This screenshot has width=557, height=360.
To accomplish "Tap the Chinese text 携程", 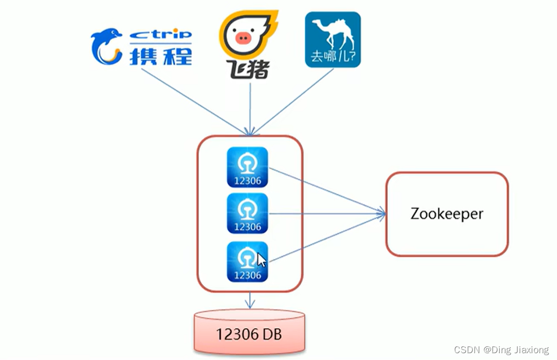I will (x=160, y=55).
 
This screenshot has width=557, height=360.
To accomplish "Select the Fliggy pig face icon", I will (x=242, y=37).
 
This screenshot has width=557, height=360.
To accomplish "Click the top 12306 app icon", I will (x=247, y=167).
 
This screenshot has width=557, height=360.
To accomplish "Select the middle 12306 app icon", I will (x=247, y=213).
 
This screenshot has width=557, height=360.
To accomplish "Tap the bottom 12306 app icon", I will (x=247, y=261).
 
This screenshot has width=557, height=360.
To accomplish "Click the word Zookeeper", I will (x=447, y=214).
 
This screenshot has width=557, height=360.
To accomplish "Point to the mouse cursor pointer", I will (x=261, y=260).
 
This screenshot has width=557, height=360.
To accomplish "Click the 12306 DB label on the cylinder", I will (x=250, y=334).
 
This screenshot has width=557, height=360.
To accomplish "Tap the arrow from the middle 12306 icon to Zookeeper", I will (x=326, y=213).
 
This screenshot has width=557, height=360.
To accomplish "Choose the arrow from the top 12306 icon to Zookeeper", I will (x=326, y=190).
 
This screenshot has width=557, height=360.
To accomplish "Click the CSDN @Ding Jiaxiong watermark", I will (x=501, y=349).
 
